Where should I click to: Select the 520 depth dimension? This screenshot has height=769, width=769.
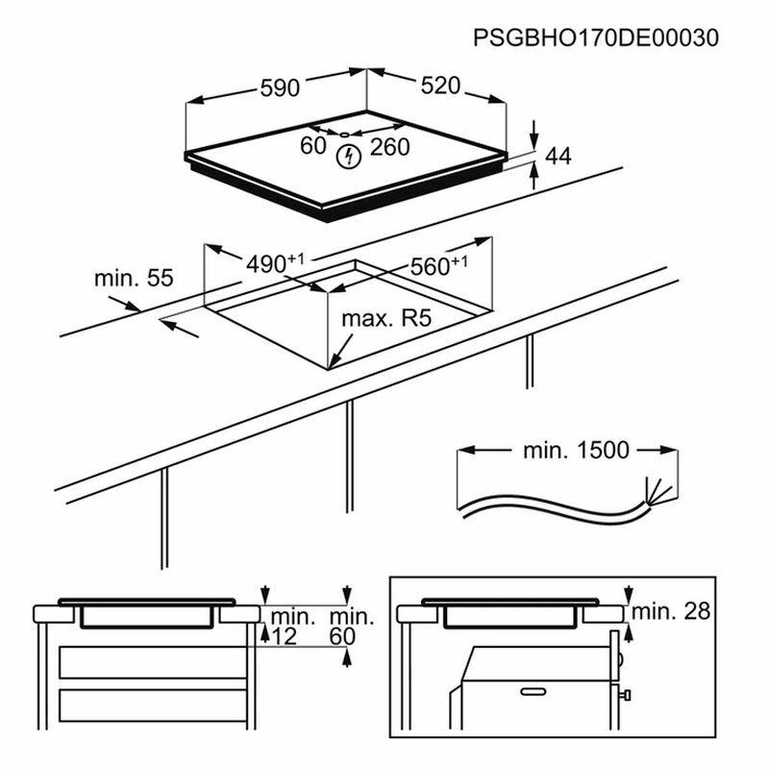point(440,86)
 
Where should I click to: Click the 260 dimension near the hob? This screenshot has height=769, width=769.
point(389,147)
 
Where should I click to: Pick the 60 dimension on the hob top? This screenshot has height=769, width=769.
point(313,146)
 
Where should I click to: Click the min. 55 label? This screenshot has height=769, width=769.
point(133,279)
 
